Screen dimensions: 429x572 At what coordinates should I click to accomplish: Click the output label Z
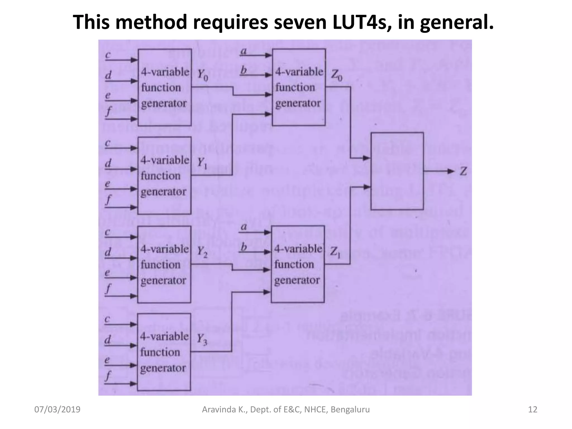(x=463, y=171)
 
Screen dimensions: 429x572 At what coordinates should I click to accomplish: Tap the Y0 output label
(x=203, y=75)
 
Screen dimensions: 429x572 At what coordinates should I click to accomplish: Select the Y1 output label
(x=202, y=163)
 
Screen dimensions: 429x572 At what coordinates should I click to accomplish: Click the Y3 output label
(x=202, y=339)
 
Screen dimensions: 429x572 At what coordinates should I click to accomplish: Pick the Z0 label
(x=337, y=75)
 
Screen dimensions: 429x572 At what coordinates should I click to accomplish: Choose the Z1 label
(x=335, y=252)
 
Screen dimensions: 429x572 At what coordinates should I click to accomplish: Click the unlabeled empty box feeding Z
(x=397, y=171)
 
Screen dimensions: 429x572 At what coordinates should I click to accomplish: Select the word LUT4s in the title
(x=359, y=22)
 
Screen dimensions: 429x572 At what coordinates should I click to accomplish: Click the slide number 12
(x=533, y=409)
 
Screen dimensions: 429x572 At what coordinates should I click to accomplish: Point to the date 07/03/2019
(x=57, y=409)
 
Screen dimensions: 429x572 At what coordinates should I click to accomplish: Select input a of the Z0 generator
(x=244, y=52)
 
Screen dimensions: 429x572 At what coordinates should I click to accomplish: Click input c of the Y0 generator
(x=108, y=55)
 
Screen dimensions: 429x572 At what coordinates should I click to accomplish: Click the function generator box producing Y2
(x=164, y=264)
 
